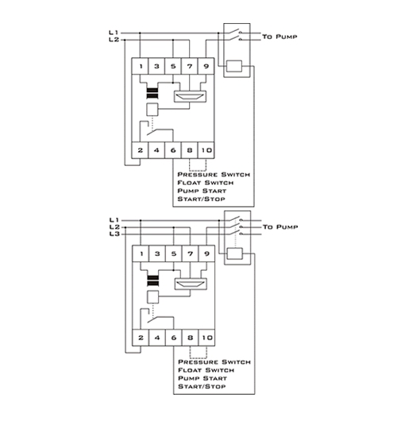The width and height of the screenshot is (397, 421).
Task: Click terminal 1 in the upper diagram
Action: click(x=140, y=66)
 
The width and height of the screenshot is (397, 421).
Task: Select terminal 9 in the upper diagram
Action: click(x=206, y=66)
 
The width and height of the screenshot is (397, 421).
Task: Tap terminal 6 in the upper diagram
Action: click(x=173, y=150)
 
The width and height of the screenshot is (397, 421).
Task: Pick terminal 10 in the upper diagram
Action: click(x=206, y=150)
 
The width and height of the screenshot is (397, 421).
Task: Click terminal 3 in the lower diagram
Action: click(x=157, y=253)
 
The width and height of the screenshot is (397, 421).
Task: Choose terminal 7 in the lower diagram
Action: click(x=191, y=253)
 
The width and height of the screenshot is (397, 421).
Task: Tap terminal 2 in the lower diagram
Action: click(x=141, y=338)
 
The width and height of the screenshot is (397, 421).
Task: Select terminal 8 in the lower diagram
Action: click(x=191, y=338)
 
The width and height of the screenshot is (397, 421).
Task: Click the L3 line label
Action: click(x=114, y=234)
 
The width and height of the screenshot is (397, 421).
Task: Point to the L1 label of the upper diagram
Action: click(x=114, y=33)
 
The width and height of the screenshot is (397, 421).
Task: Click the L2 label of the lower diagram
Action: click(x=114, y=227)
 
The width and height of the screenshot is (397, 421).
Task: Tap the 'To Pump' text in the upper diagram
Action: click(x=279, y=37)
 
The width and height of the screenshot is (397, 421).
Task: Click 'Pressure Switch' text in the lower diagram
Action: click(x=214, y=362)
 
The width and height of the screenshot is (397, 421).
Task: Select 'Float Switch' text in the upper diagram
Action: click(x=206, y=183)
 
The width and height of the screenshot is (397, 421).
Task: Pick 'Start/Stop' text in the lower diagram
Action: click(x=202, y=386)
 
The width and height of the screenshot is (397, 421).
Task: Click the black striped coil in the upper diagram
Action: click(x=152, y=94)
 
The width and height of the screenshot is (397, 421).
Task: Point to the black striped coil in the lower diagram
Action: click(x=153, y=281)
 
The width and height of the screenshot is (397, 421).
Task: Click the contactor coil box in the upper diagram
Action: click(x=234, y=66)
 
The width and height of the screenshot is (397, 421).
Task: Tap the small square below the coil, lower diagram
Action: click(x=153, y=297)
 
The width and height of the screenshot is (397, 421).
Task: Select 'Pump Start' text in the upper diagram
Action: click(x=202, y=191)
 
